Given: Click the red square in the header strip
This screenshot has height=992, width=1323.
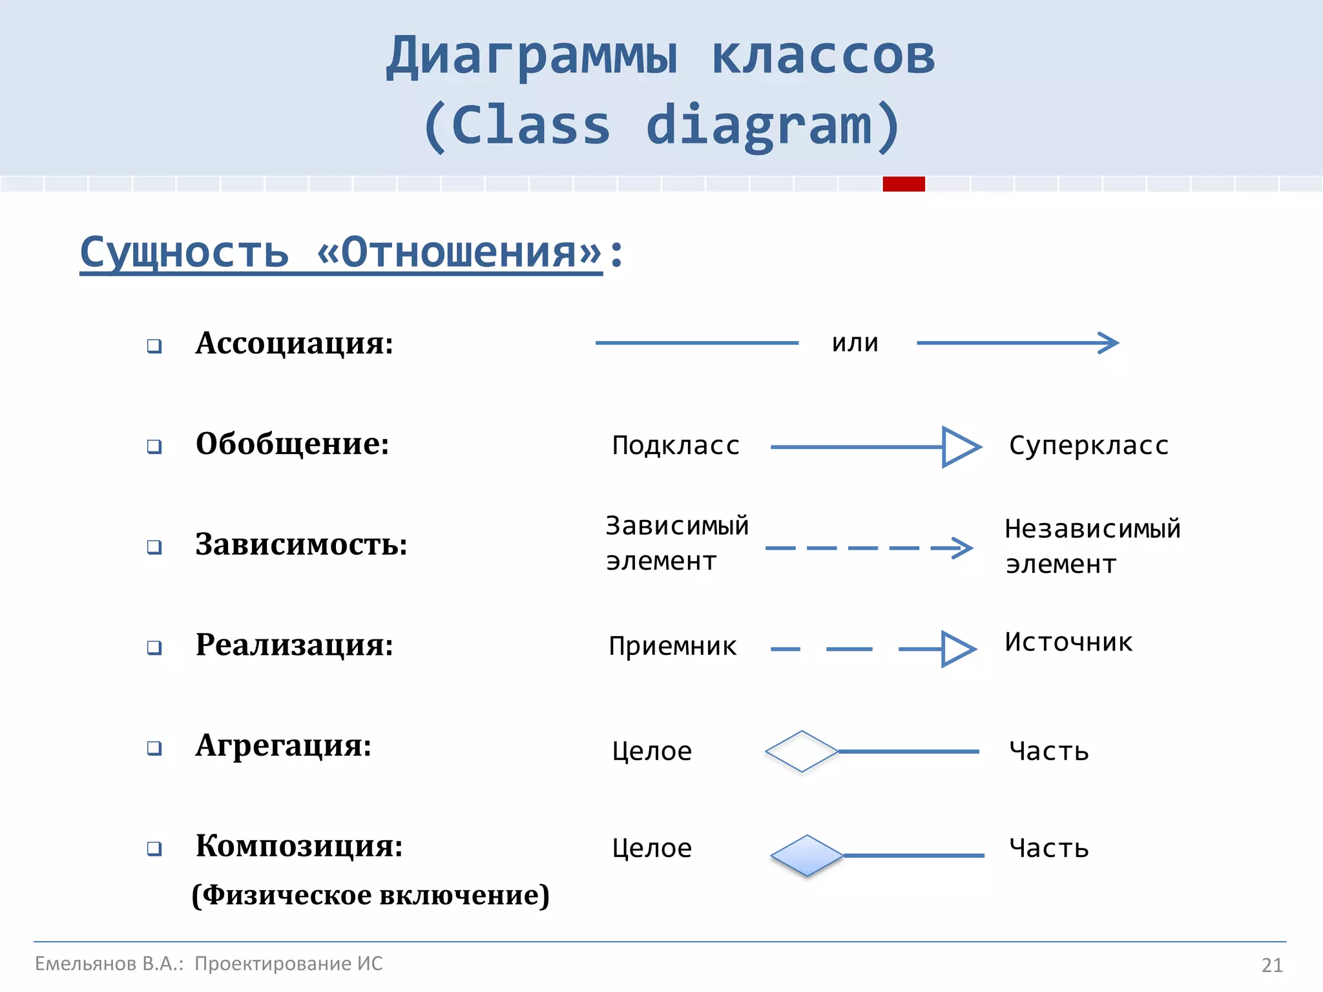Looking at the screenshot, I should click(904, 184).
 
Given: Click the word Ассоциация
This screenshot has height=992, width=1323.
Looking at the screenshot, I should click(294, 343).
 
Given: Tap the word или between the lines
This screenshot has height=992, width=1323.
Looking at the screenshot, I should click(855, 343).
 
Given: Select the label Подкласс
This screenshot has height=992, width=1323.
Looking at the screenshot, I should click(676, 446).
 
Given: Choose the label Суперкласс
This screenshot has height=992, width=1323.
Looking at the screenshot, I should click(1089, 446).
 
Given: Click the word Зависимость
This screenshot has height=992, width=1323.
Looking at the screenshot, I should click(301, 544).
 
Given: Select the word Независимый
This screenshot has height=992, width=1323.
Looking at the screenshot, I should click(1092, 529).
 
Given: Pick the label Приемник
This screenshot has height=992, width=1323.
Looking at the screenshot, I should click(672, 646).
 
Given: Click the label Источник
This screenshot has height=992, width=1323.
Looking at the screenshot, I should click(1068, 642).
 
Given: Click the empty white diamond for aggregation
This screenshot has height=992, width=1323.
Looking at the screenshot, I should click(802, 752).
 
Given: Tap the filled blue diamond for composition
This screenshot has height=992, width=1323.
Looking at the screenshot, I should click(807, 856).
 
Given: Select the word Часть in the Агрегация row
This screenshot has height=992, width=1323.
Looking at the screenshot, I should click(1049, 752).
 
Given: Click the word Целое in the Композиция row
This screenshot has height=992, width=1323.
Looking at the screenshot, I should click(652, 848).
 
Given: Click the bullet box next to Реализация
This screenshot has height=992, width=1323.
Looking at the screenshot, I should click(154, 647).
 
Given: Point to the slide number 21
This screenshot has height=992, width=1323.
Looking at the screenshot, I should click(1271, 965).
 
